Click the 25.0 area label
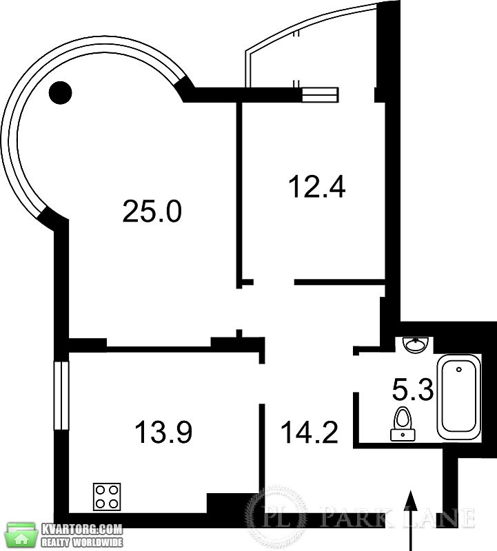pos(152,211)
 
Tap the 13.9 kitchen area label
pos(163,432)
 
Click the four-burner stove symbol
pos(107,497)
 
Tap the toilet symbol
pos(403,424)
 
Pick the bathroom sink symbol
pos(416,344)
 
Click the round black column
pos(61,93)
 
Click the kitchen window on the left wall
pos(61,395)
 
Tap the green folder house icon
pos(22,535)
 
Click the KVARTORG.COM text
pos(82,529)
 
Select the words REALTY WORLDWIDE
pos(82,542)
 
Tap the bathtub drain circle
pos(458,369)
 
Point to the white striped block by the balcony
pos(320,94)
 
